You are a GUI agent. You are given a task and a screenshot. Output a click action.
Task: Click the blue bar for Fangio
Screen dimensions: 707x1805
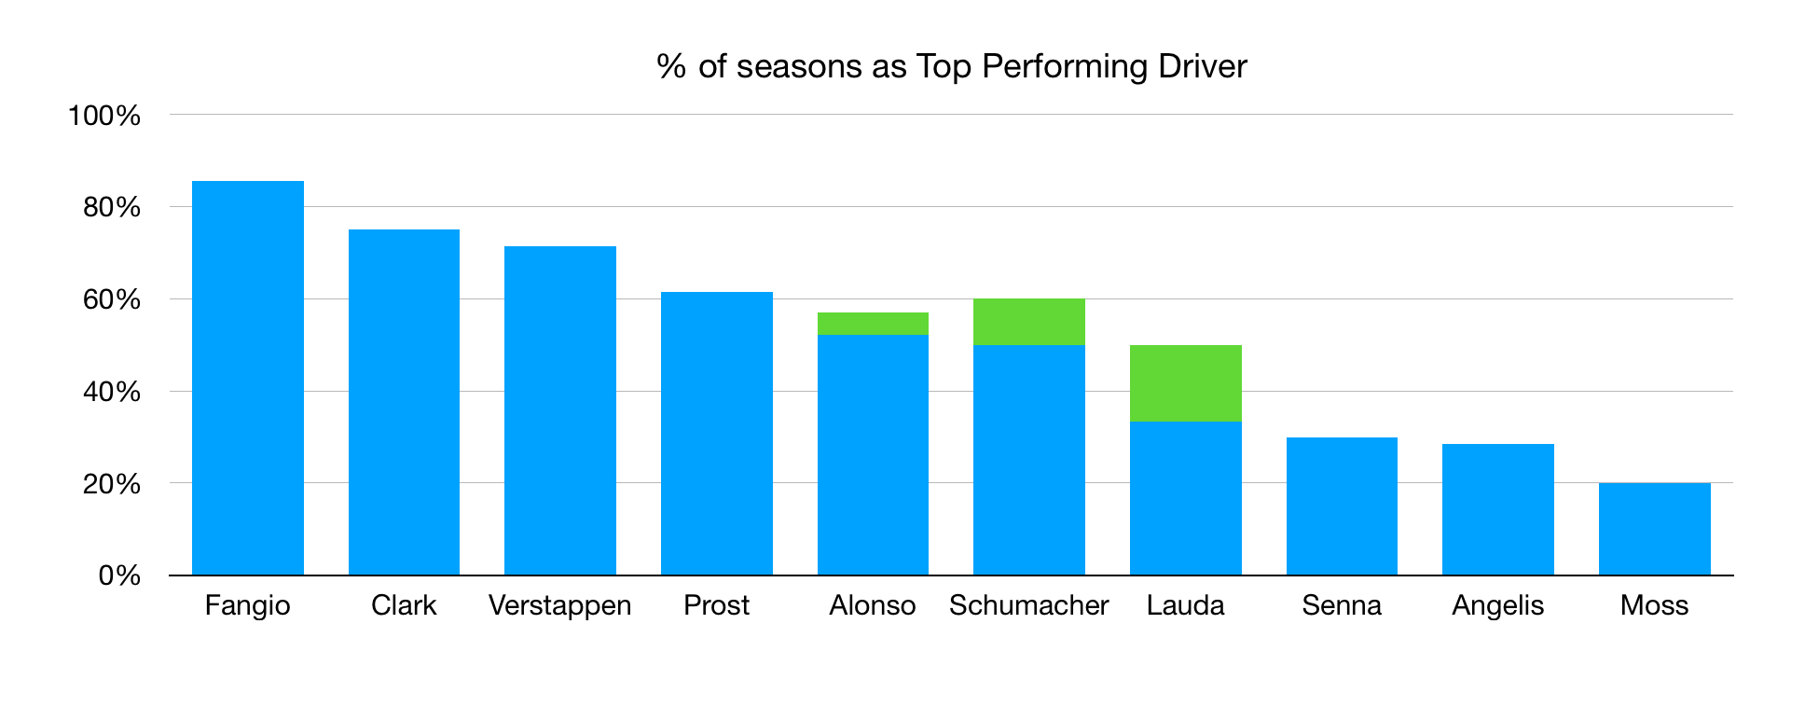(247, 378)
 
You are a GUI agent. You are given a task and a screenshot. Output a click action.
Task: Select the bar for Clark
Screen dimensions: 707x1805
(404, 402)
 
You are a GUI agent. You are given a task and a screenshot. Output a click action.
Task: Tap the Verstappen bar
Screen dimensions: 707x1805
(559, 410)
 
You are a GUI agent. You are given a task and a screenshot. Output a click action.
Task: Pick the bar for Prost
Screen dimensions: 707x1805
(716, 434)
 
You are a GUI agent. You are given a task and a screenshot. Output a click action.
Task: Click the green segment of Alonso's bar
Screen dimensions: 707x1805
(873, 324)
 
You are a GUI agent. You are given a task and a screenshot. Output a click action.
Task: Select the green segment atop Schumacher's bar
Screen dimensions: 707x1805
(1028, 322)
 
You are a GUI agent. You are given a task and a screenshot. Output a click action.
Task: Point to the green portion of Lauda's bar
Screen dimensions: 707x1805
(1185, 383)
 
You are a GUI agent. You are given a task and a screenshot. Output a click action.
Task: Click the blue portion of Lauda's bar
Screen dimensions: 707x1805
(1185, 498)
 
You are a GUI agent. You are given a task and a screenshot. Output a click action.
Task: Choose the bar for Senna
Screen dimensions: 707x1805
(1342, 506)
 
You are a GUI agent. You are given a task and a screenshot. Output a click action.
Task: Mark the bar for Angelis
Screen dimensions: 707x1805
(1497, 509)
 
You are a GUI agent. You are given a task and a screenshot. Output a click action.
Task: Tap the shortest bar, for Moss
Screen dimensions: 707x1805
(1654, 529)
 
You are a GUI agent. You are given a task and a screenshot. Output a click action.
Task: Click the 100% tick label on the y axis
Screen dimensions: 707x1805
(104, 116)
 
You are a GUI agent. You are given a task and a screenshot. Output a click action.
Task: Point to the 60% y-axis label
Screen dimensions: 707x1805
(112, 299)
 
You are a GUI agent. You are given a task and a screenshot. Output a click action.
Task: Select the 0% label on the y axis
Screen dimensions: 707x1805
(119, 575)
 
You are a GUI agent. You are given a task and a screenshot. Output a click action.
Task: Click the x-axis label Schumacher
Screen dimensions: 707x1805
(1028, 605)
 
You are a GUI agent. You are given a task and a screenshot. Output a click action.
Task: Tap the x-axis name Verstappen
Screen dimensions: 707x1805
(559, 605)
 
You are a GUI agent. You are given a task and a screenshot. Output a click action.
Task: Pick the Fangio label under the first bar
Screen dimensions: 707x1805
(247, 605)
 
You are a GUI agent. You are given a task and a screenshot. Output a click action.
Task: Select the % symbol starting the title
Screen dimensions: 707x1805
(670, 66)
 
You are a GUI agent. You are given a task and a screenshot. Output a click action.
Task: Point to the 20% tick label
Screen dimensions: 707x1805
(112, 484)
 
